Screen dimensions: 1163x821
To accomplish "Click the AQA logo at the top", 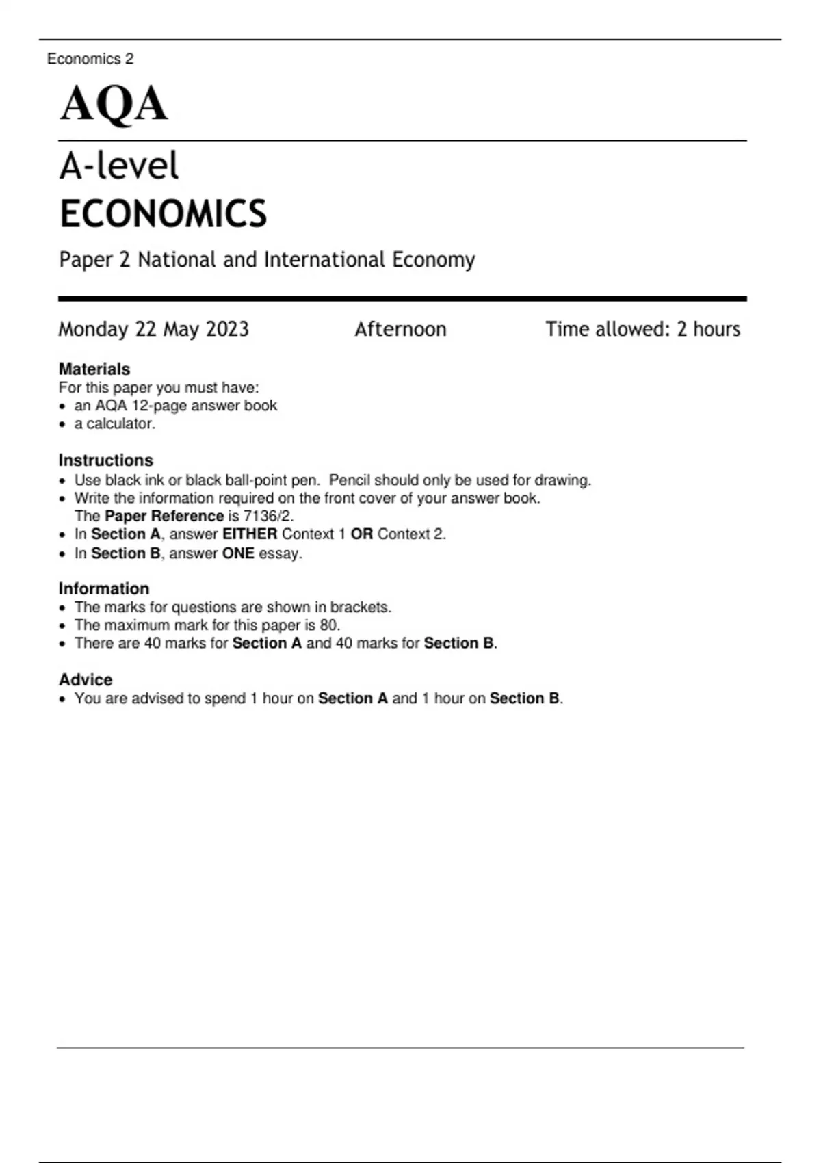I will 114,104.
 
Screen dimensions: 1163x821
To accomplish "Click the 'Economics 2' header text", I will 90,59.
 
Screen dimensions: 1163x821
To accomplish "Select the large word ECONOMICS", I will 163,213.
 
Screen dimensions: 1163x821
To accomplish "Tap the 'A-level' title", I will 119,166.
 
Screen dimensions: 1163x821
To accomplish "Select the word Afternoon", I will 400,330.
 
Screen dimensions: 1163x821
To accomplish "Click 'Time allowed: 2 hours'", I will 642,330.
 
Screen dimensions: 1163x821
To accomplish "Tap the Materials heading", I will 94,369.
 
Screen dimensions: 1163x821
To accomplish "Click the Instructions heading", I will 105,460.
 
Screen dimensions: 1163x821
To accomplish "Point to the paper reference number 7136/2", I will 268,517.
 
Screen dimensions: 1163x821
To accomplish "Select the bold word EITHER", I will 250,534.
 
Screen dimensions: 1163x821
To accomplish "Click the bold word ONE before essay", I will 238,553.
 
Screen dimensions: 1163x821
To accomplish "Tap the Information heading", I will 103,589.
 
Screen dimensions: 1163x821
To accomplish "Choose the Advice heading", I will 86,680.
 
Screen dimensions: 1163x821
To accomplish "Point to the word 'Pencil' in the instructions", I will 350,480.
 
